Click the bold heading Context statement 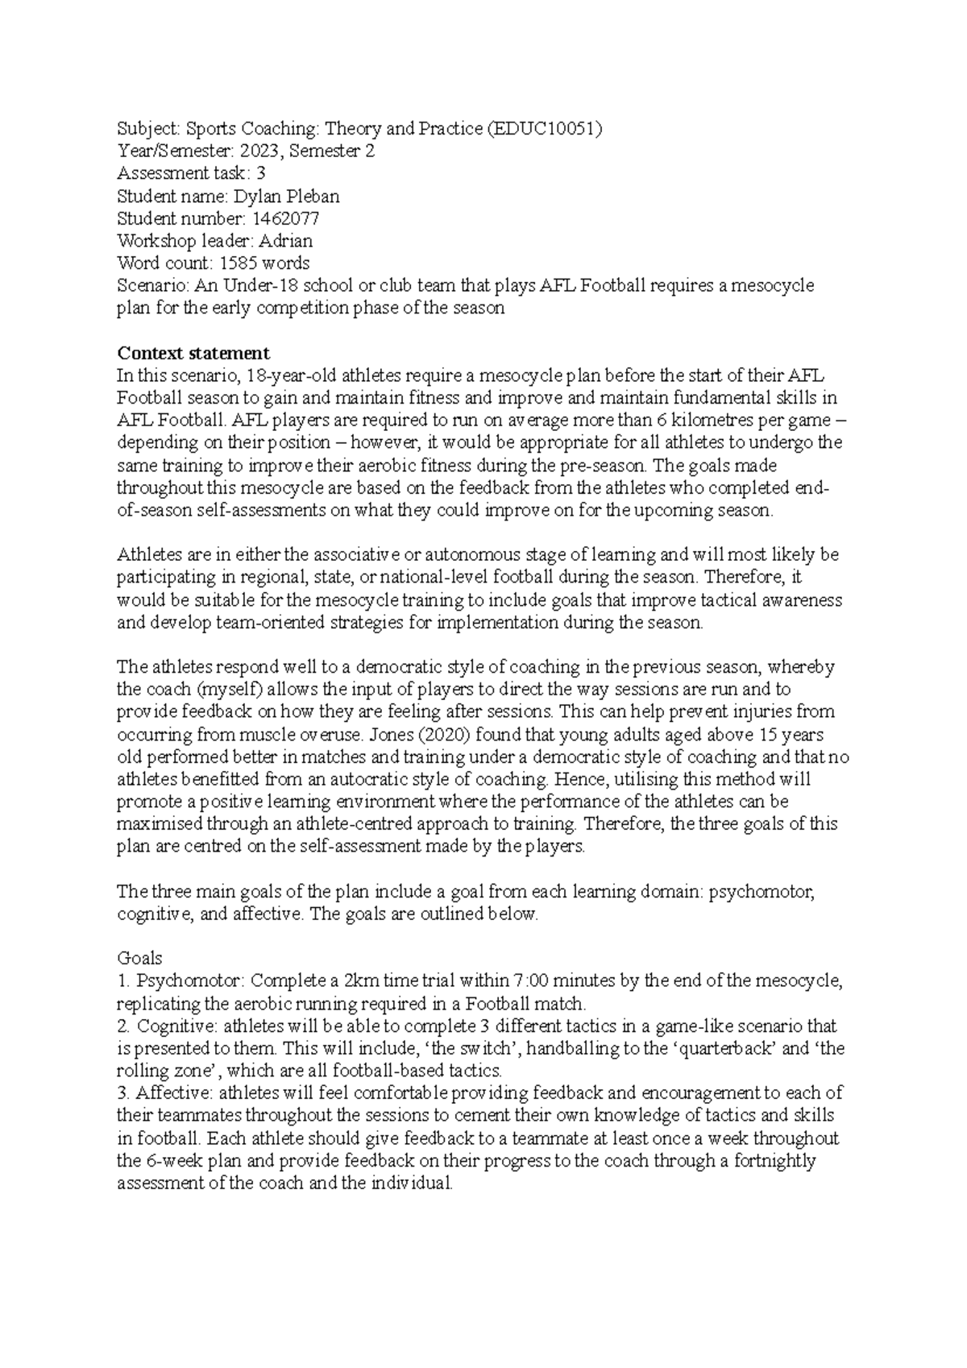point(193,353)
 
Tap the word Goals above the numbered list point(139,959)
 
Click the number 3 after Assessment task point(260,174)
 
